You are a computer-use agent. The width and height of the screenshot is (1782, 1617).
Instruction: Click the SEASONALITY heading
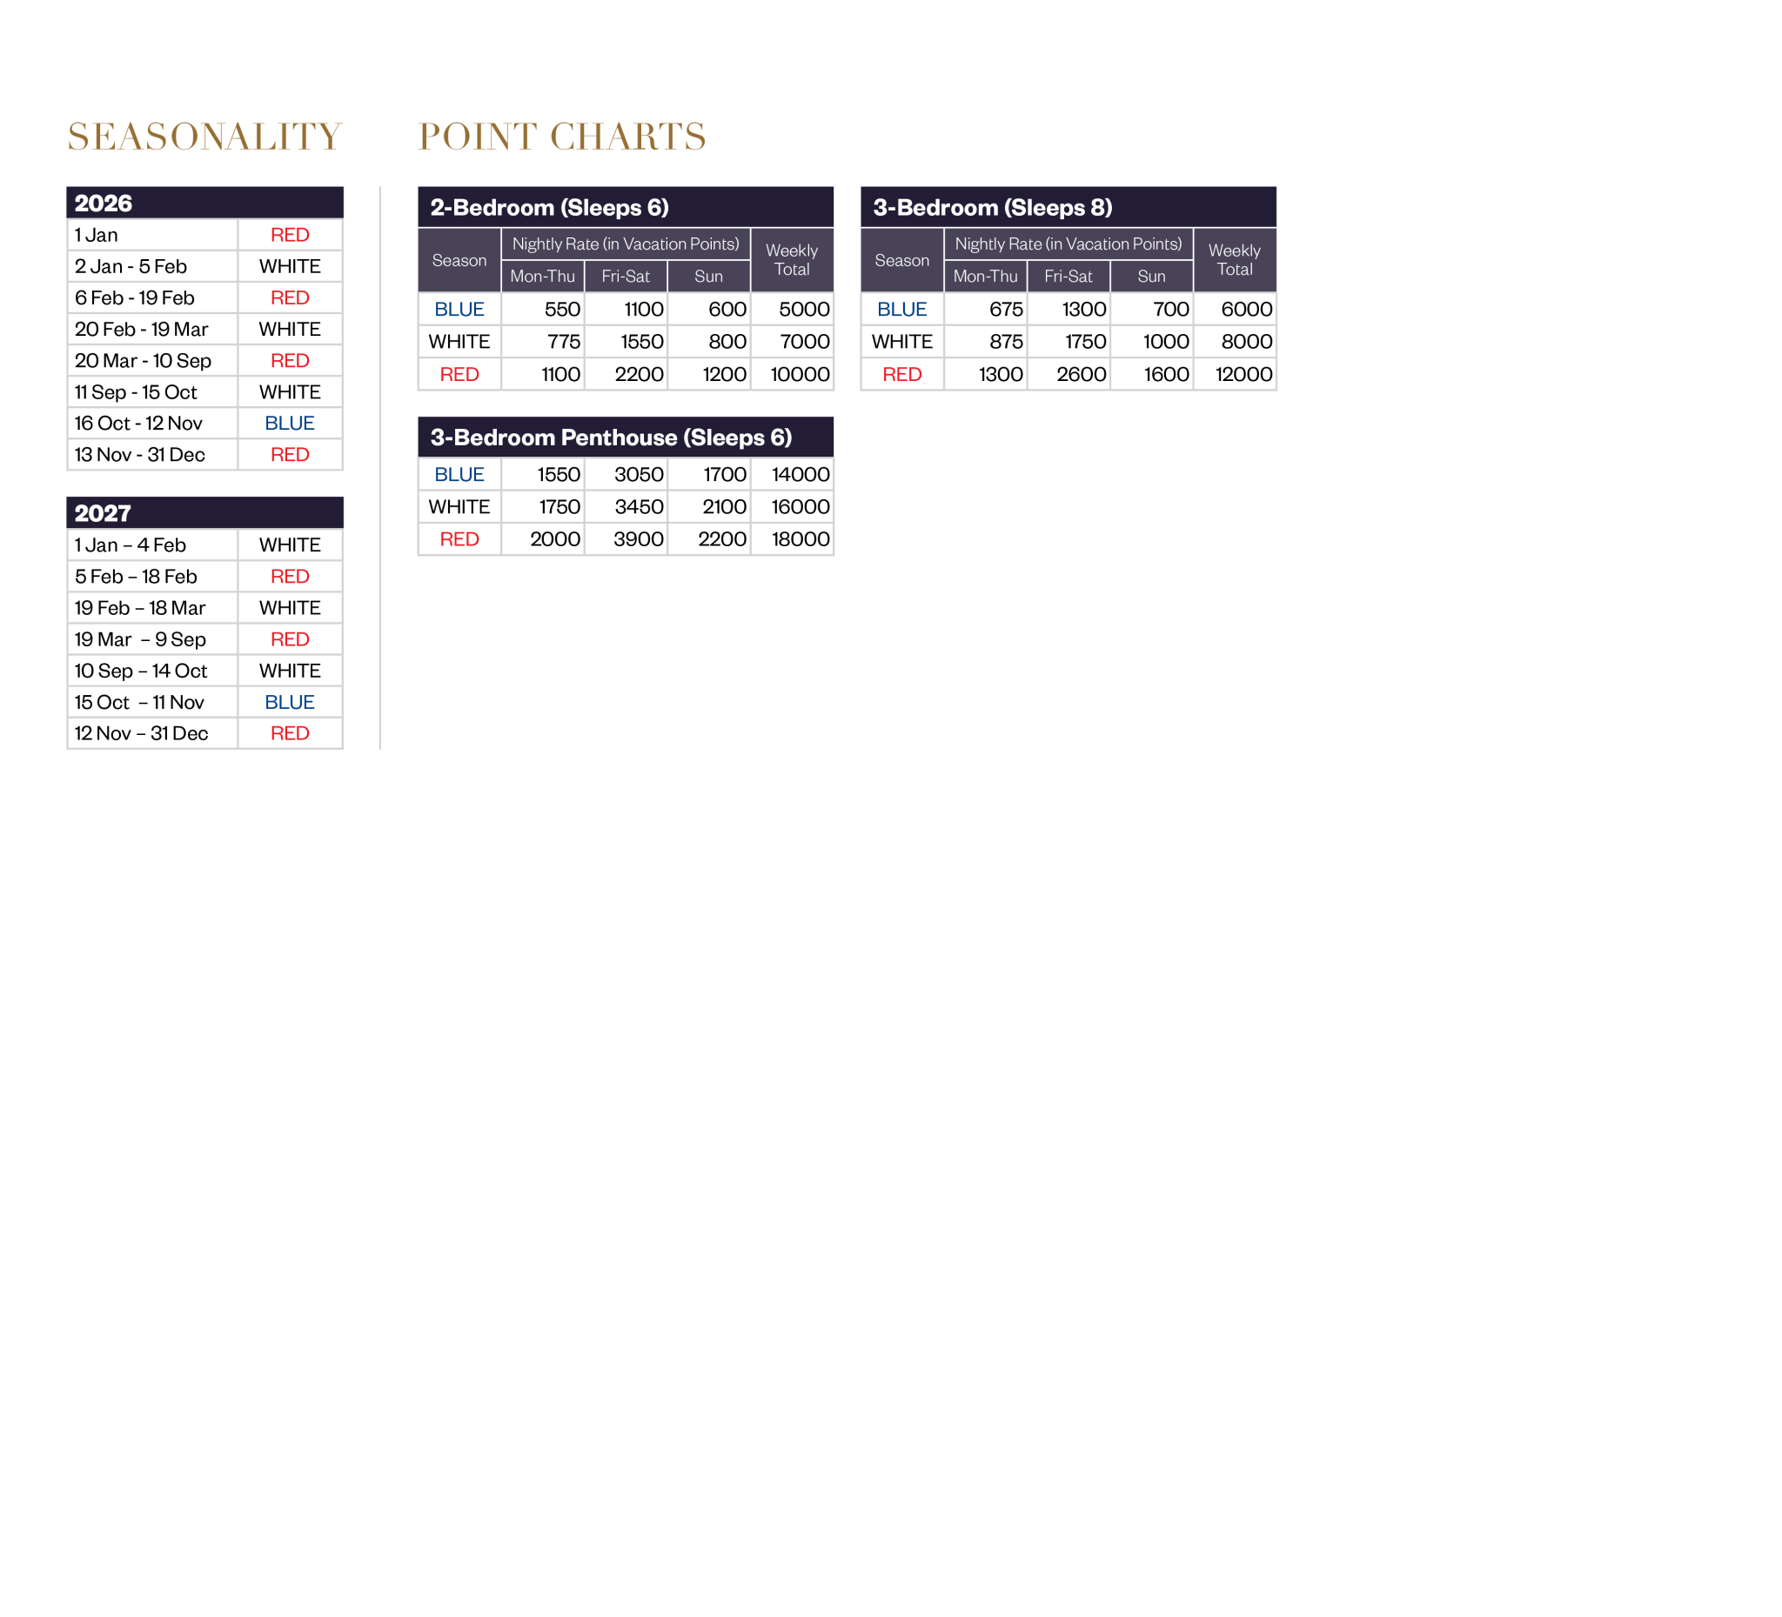(x=204, y=137)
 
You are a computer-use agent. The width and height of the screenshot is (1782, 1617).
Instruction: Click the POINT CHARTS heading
(x=562, y=137)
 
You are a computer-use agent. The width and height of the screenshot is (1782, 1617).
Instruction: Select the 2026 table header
(x=205, y=203)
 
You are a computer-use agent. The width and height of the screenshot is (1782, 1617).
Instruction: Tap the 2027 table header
(x=205, y=512)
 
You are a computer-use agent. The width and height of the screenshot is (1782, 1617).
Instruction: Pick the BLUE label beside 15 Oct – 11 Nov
(x=290, y=703)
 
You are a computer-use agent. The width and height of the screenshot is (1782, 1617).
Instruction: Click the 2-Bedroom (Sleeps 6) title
(x=550, y=208)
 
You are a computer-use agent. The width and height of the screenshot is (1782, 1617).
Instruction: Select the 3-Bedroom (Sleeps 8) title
(x=993, y=208)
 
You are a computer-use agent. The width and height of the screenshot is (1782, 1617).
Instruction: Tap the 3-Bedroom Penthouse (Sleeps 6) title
(x=611, y=438)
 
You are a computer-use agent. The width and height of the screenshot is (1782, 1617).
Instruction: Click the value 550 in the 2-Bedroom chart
(x=562, y=310)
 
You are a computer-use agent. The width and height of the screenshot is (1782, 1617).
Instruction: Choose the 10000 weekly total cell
(x=800, y=375)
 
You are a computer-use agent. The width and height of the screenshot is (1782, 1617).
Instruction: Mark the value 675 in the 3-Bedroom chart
(x=1006, y=310)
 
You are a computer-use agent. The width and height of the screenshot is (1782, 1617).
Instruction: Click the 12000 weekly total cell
(x=1243, y=375)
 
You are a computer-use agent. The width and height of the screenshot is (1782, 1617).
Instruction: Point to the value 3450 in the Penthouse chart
(x=639, y=507)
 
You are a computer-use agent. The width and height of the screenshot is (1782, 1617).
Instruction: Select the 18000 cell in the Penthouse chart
(x=801, y=540)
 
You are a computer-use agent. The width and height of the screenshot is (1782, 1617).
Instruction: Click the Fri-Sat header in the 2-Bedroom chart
(x=626, y=277)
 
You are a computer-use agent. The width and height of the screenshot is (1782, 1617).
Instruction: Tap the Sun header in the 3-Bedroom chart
(x=1152, y=277)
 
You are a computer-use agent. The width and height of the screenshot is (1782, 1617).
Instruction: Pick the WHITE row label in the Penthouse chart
(x=459, y=507)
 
